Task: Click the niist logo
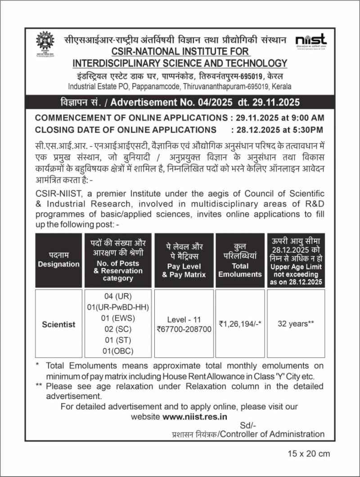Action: pyautogui.click(x=311, y=41)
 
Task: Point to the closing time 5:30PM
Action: pyautogui.click(x=308, y=130)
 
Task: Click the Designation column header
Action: pyautogui.click(x=58, y=264)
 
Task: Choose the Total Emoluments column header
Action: pyautogui.click(x=240, y=270)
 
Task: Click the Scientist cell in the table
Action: pyautogui.click(x=58, y=324)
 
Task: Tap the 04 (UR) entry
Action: pyautogui.click(x=119, y=297)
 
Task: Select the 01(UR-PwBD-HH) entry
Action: pyautogui.click(x=119, y=308)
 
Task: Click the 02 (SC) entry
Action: pyautogui.click(x=119, y=329)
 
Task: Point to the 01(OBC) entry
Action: pyautogui.click(x=119, y=351)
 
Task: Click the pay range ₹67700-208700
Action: pyautogui.click(x=184, y=330)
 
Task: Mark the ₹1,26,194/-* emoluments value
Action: pyautogui.click(x=241, y=324)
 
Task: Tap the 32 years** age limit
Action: pyautogui.click(x=295, y=324)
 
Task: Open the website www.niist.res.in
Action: pyautogui.click(x=195, y=417)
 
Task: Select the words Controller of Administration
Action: pyautogui.click(x=273, y=434)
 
